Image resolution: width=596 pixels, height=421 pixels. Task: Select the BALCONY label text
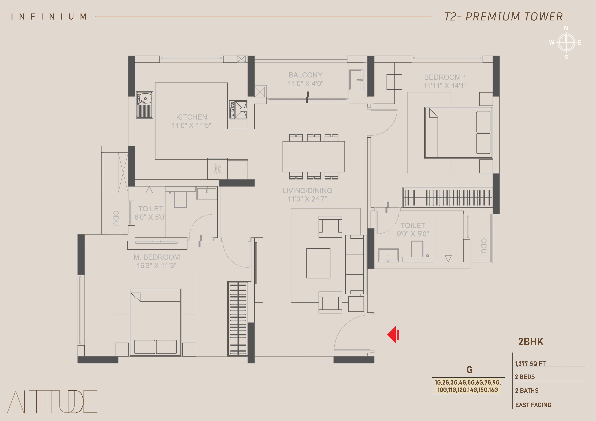click(x=306, y=75)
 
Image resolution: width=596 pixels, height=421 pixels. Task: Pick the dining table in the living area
click(x=314, y=157)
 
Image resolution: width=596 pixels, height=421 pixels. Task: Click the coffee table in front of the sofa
click(x=318, y=263)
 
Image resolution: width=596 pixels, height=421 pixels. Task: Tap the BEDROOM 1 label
click(x=445, y=77)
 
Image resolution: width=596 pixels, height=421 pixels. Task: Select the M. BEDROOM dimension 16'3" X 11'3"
click(x=157, y=266)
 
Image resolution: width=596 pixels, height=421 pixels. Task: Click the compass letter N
click(x=566, y=28)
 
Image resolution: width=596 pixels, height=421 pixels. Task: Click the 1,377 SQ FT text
click(x=530, y=363)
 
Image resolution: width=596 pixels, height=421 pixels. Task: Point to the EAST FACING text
click(x=533, y=405)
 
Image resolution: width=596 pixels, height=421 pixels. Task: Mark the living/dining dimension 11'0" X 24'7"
click(x=307, y=199)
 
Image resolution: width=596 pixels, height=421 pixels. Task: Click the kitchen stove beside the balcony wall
click(x=238, y=110)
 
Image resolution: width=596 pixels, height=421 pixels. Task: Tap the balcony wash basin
click(x=356, y=80)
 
